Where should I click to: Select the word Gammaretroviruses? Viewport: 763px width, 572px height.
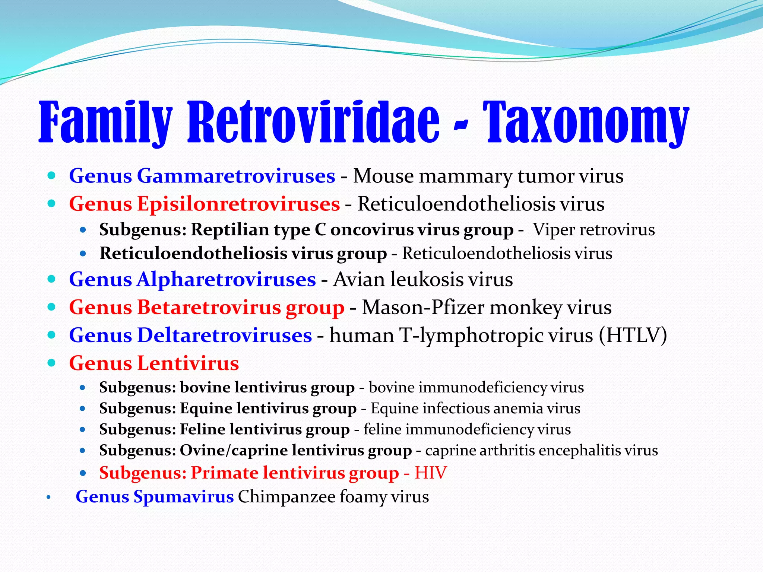click(236, 176)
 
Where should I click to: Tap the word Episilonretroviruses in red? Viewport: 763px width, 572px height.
click(238, 204)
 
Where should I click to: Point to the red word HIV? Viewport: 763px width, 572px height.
click(431, 473)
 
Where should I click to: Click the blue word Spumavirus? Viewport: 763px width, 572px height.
click(183, 496)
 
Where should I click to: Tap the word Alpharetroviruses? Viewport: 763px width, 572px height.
click(226, 279)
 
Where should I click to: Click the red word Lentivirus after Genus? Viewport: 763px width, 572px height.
click(188, 363)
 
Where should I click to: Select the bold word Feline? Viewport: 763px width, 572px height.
click(203, 429)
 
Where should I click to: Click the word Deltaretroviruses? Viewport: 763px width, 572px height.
click(224, 335)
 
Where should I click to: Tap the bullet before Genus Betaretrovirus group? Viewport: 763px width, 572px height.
click(52, 307)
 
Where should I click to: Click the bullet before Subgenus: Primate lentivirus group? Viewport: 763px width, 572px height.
click(83, 473)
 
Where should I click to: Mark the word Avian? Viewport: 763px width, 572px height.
click(358, 279)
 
